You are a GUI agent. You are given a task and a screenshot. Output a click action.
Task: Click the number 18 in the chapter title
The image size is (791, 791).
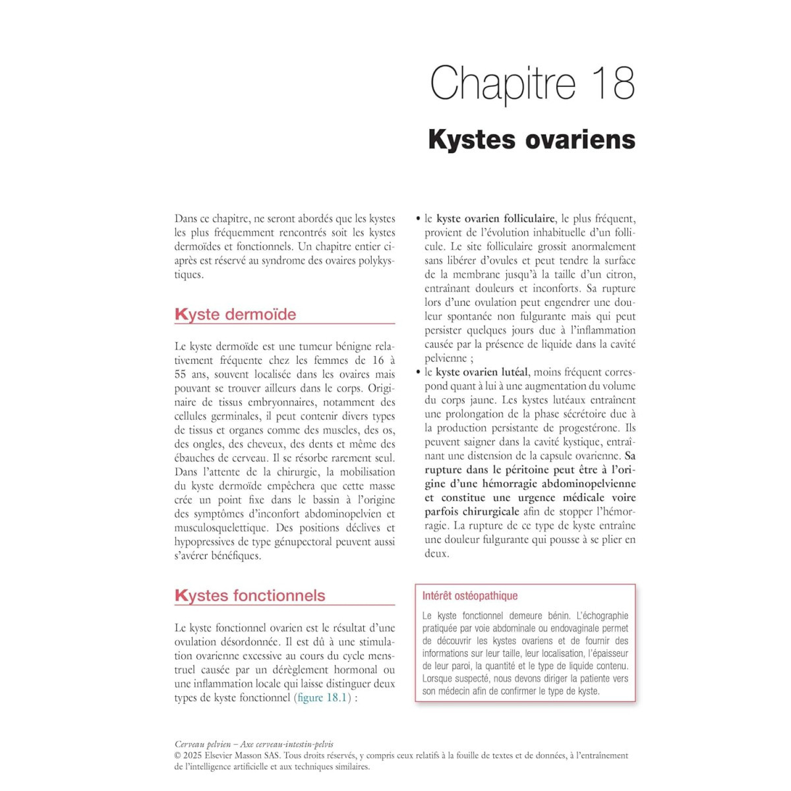[613, 83]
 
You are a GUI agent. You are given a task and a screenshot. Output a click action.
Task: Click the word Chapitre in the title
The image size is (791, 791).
[503, 83]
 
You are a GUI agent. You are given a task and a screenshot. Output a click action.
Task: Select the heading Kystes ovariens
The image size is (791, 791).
[531, 139]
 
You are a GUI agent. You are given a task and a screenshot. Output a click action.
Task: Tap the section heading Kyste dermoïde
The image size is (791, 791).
[235, 314]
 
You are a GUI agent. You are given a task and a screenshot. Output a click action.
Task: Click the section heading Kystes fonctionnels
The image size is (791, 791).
[250, 595]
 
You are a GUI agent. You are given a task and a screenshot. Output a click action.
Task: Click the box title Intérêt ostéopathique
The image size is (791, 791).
[470, 596]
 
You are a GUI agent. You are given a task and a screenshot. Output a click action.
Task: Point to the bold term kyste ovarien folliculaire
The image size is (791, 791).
[496, 219]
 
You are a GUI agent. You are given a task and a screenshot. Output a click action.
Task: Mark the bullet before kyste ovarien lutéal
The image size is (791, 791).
[418, 372]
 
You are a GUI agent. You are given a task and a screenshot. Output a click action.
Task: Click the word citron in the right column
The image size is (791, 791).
[620, 275]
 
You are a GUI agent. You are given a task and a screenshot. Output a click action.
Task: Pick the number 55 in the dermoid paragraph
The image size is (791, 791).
[180, 374]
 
